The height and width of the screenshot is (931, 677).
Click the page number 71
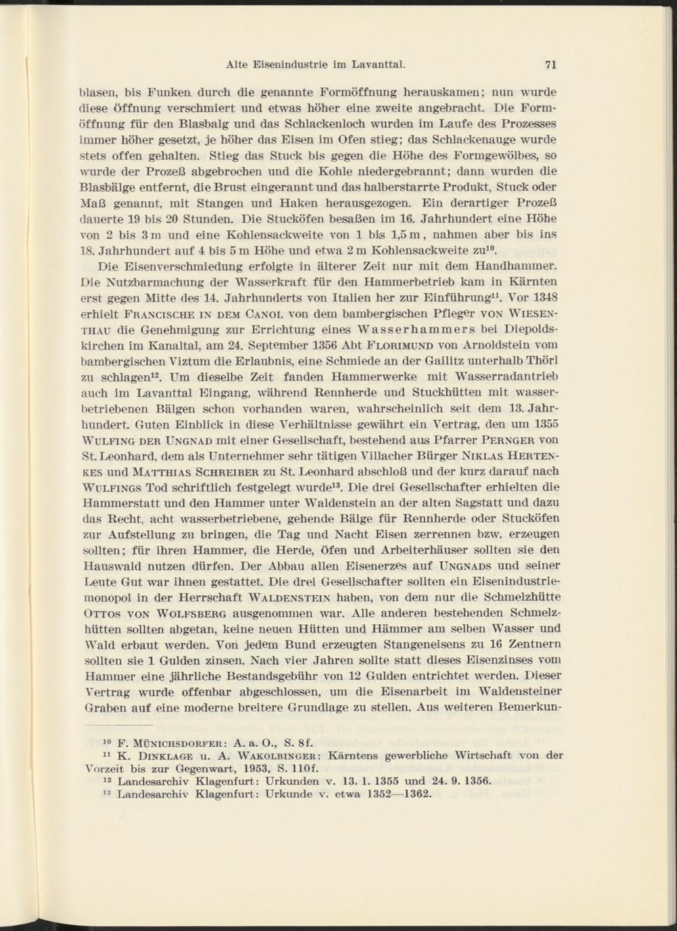click(550, 66)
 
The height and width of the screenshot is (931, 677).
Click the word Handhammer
click(516, 267)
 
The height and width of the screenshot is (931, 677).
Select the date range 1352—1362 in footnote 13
click(397, 794)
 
